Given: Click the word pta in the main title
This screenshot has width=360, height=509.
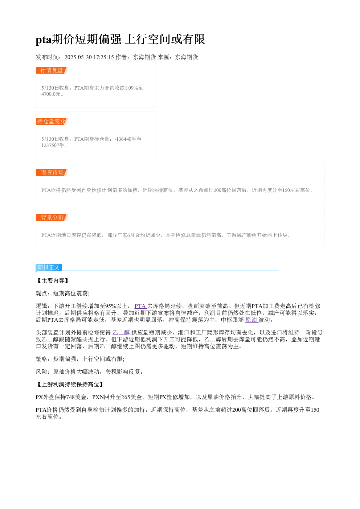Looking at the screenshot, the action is click(44, 40).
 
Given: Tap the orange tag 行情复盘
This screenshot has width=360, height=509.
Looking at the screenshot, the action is click(52, 70).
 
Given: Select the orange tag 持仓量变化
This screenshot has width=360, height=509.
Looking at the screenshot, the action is click(52, 121).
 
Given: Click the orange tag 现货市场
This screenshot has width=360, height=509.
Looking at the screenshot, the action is click(52, 172).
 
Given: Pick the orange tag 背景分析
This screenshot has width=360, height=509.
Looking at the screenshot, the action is click(52, 217).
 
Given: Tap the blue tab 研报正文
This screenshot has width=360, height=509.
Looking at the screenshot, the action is click(49, 267).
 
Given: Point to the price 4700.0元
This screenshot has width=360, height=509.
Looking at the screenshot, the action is click(51, 94).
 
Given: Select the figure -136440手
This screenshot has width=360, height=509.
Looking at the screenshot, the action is click(125, 139).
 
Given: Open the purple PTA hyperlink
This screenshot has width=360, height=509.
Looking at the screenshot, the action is click(140, 306).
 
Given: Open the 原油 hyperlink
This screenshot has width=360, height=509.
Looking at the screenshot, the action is click(251, 320).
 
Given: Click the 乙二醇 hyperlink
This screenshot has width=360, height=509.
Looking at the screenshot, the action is click(121, 333).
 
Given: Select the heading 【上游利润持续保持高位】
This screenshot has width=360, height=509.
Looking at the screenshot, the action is click(70, 384).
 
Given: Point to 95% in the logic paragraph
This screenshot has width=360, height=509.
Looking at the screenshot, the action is click(111, 306).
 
